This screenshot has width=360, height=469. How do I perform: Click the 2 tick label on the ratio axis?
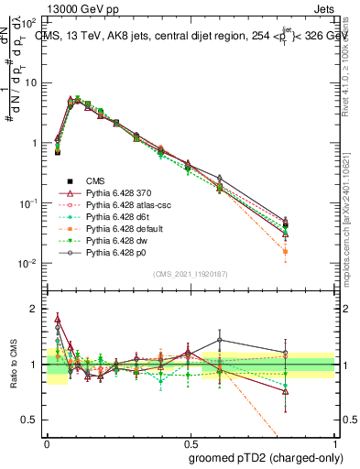click(35, 310)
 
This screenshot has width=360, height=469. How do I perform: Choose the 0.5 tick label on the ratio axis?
click(31, 420)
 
